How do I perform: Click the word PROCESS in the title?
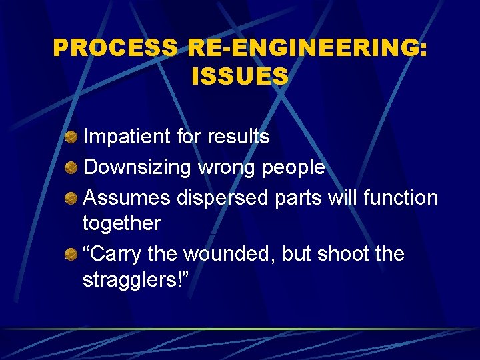[115, 47]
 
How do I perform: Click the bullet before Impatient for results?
[71, 137]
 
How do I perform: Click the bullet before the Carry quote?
[71, 255]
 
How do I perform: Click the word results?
[238, 137]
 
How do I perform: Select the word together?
[121, 223]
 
